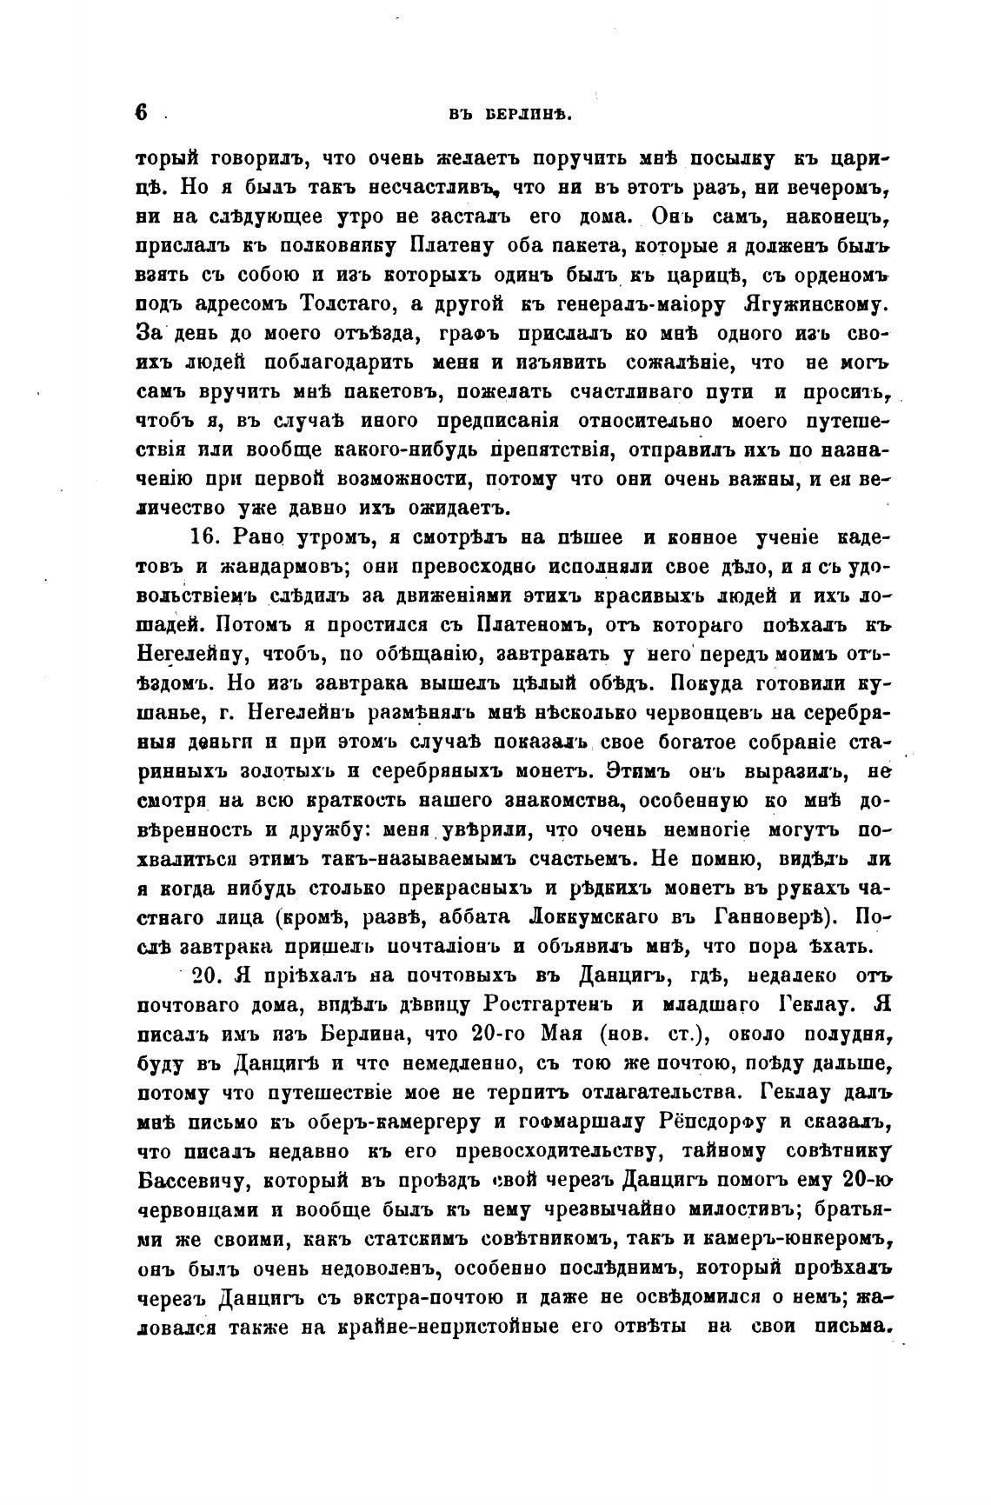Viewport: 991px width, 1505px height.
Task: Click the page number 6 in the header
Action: click(143, 113)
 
